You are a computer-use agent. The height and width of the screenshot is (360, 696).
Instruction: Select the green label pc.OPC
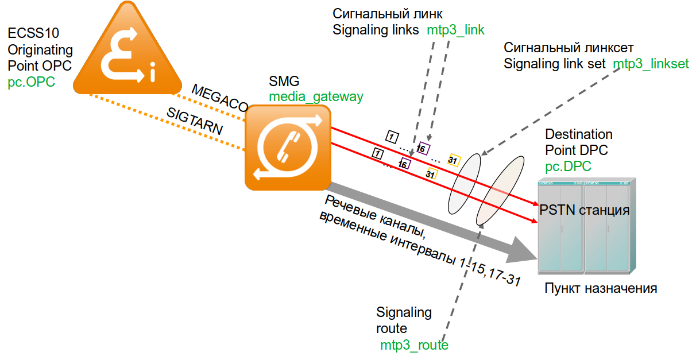click(32, 82)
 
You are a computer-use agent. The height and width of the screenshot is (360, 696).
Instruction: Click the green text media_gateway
click(316, 96)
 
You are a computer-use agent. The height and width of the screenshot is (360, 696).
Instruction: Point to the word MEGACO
click(219, 98)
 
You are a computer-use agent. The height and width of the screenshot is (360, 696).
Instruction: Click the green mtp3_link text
click(456, 30)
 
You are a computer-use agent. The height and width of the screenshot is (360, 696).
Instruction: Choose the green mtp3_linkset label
click(651, 64)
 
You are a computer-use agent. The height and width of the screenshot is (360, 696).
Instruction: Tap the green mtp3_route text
click(414, 345)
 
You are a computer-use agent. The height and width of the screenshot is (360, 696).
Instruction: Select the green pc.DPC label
click(568, 167)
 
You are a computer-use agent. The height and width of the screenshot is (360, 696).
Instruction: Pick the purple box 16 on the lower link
click(404, 164)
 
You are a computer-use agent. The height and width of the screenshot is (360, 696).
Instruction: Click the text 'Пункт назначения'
click(600, 288)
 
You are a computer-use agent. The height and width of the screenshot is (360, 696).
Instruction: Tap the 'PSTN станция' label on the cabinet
click(585, 210)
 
